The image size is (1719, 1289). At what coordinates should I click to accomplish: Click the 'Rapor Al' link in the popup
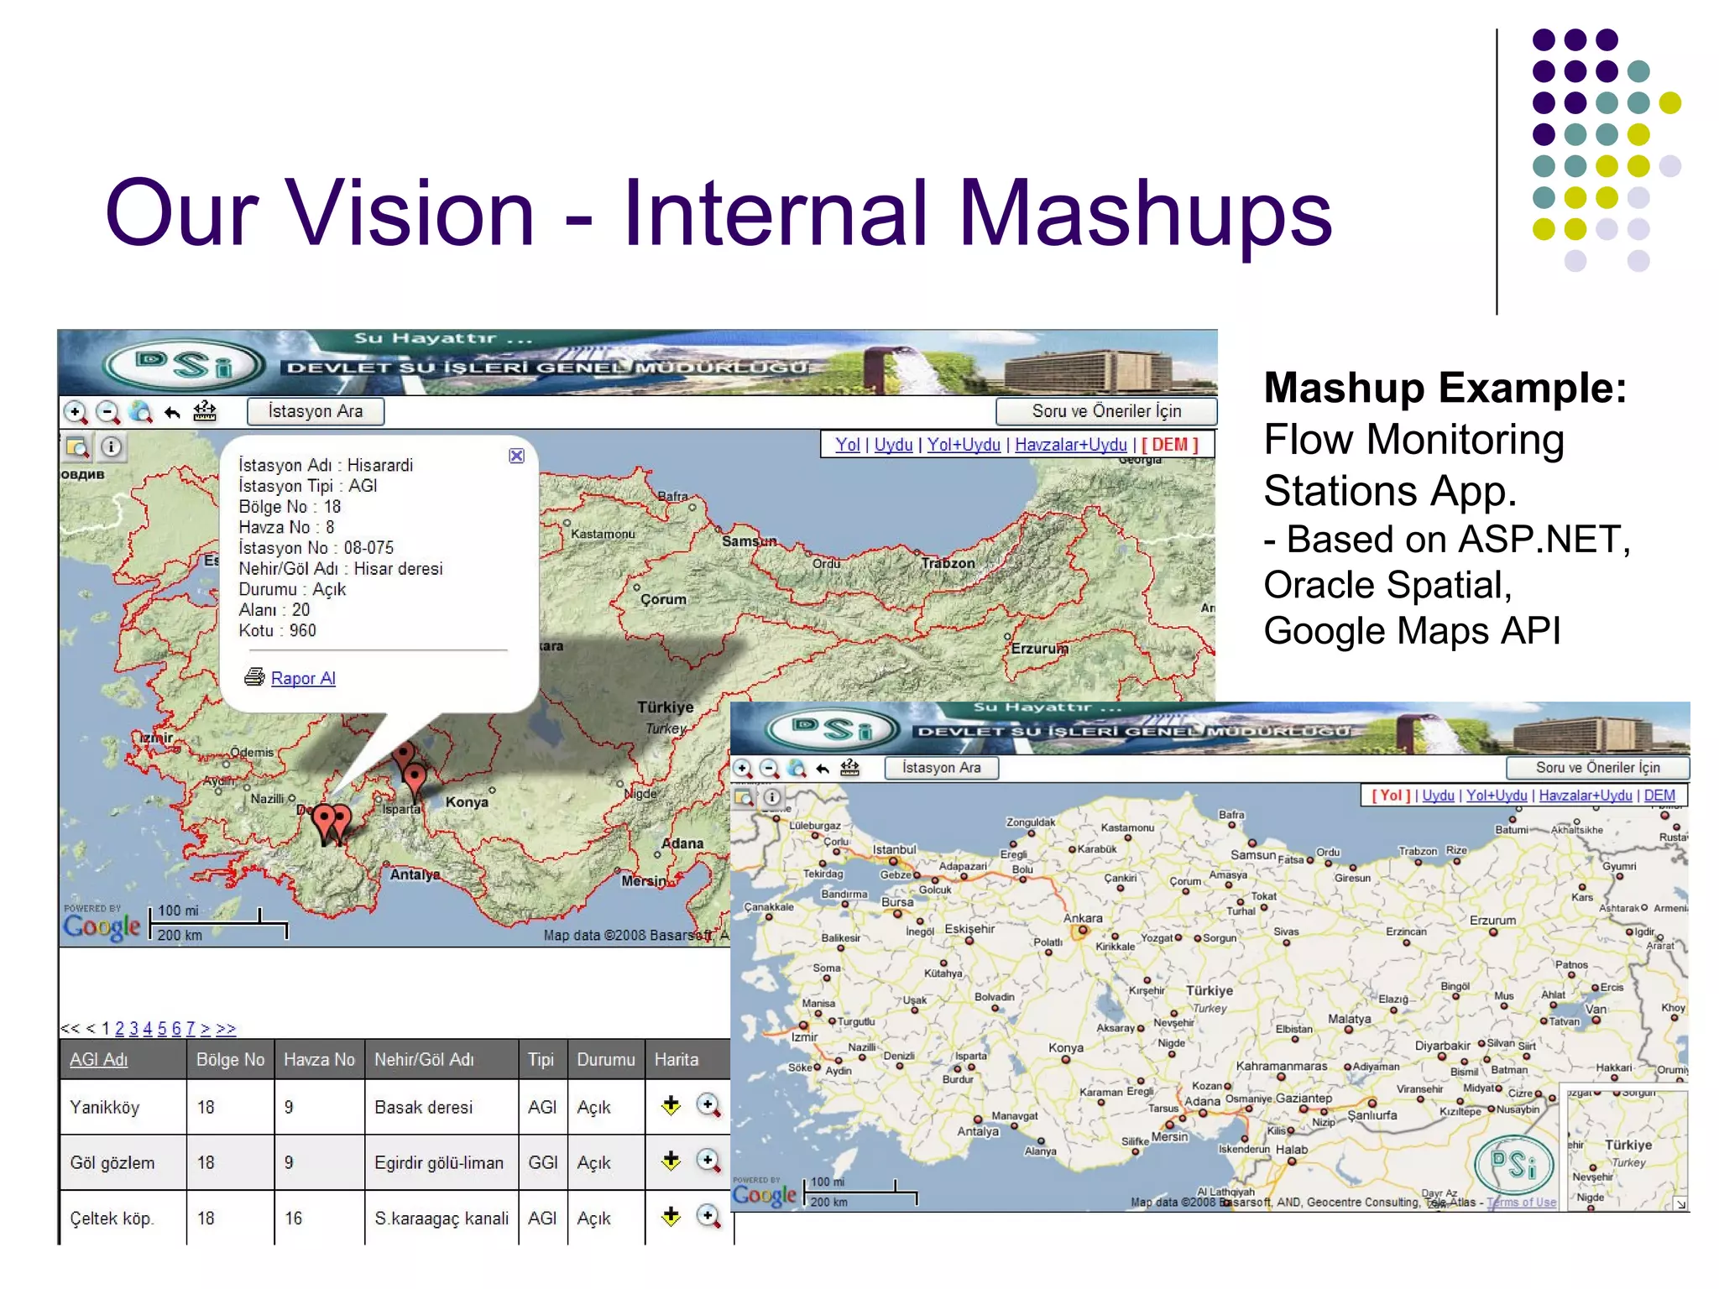(302, 678)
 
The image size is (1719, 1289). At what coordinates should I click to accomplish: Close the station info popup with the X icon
(516, 456)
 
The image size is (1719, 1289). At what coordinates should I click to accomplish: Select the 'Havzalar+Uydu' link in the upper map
(1070, 445)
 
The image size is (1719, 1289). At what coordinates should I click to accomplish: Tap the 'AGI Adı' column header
(98, 1060)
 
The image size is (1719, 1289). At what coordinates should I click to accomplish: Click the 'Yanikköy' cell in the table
(104, 1108)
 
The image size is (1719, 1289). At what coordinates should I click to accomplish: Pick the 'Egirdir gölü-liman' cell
(438, 1163)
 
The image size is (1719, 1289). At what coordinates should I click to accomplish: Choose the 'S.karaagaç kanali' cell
(441, 1219)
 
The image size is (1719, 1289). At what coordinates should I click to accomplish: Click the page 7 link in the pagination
(191, 1029)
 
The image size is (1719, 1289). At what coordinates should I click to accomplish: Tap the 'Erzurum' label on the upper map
(1039, 649)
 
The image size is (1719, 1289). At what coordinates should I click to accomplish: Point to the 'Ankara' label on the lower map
(1083, 919)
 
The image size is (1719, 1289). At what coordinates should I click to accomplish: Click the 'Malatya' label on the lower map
(1349, 1019)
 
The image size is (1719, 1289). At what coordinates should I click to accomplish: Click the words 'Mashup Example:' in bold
(1445, 388)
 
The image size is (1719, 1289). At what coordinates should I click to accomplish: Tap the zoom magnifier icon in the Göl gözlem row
(708, 1161)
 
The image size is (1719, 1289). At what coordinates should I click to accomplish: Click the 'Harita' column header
(676, 1060)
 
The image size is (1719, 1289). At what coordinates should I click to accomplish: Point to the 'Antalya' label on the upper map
(415, 874)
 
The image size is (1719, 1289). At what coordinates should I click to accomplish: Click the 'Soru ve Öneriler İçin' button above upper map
(1105, 411)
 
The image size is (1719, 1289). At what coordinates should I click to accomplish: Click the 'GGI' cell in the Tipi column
(542, 1163)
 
